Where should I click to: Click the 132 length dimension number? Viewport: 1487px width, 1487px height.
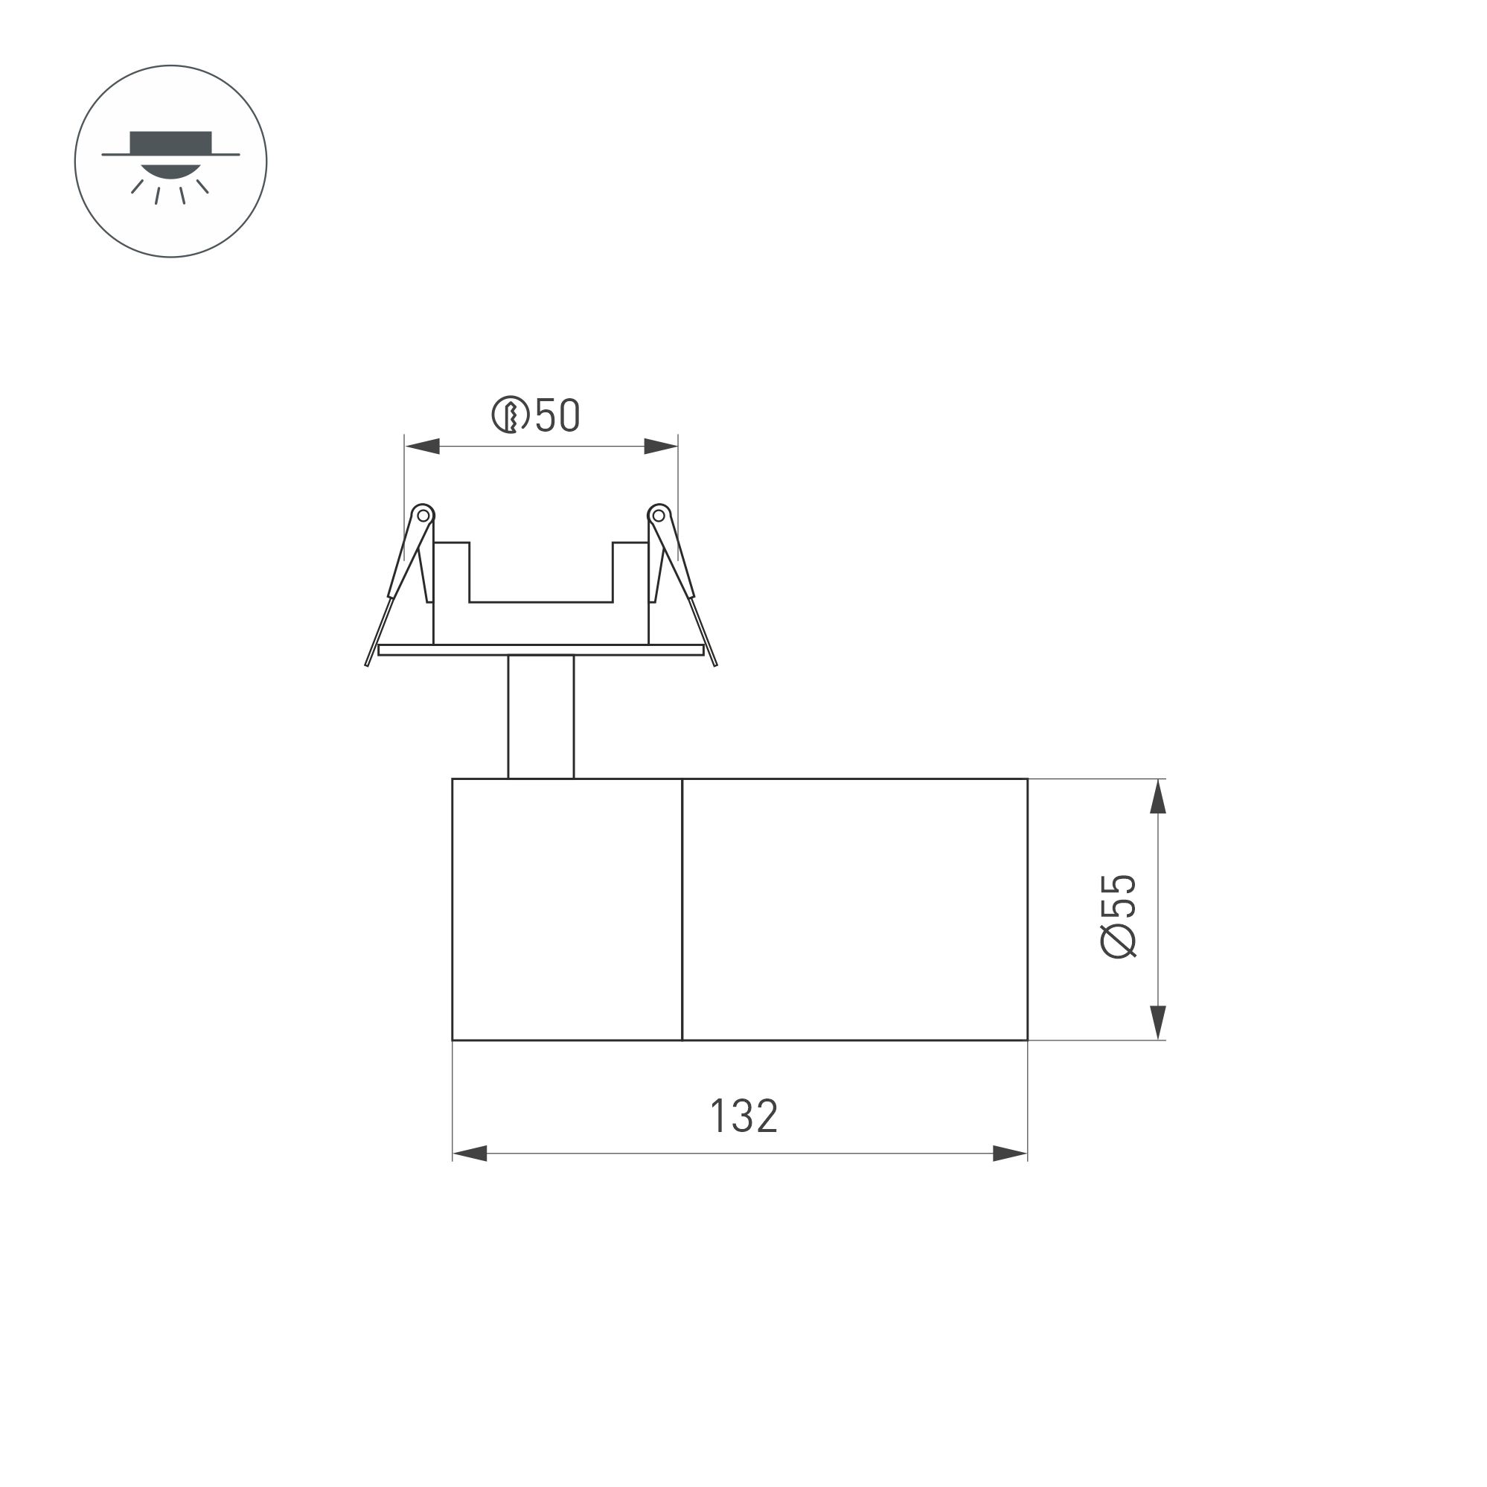[x=743, y=1116]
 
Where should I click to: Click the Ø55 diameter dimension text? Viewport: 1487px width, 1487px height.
[x=1119, y=916]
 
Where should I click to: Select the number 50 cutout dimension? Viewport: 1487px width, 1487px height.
[x=557, y=415]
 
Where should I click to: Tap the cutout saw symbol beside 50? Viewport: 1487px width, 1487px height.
[x=510, y=415]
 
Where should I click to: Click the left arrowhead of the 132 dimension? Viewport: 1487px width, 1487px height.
[x=470, y=1153]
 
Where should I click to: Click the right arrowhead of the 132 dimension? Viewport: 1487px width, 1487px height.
[x=1010, y=1153]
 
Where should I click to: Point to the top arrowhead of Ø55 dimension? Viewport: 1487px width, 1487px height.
[x=1157, y=796]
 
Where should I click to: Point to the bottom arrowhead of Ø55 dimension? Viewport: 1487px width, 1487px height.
[x=1157, y=1022]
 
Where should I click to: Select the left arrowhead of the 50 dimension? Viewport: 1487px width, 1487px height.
[x=423, y=446]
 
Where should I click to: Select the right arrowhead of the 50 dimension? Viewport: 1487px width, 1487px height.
[x=660, y=446]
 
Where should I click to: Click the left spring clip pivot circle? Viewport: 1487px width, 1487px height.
[x=423, y=515]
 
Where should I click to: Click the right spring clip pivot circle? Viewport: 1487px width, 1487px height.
[x=659, y=515]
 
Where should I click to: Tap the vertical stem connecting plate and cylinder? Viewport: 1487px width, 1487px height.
[x=540, y=716]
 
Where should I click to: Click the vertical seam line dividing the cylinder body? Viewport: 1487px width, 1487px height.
[x=682, y=908]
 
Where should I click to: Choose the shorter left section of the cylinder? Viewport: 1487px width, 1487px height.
[x=567, y=908]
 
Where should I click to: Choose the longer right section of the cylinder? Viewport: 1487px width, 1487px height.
[x=854, y=908]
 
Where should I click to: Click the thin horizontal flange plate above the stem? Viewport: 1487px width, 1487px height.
[x=540, y=650]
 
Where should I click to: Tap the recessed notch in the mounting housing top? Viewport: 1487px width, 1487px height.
[x=540, y=573]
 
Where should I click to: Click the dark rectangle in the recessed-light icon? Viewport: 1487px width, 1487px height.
[x=170, y=141]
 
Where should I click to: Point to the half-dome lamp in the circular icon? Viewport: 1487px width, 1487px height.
[x=170, y=171]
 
